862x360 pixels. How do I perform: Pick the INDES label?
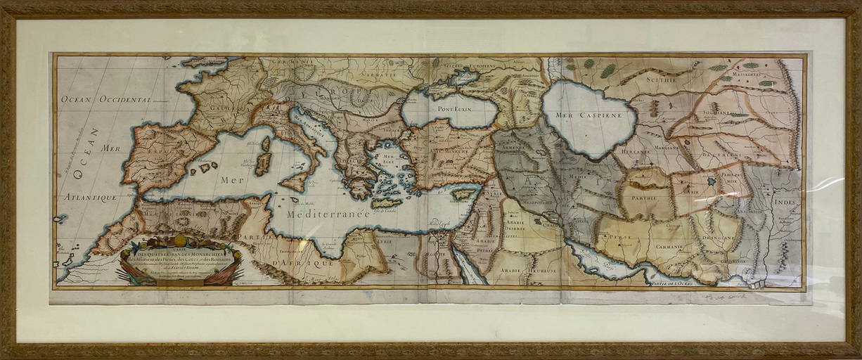787,200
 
